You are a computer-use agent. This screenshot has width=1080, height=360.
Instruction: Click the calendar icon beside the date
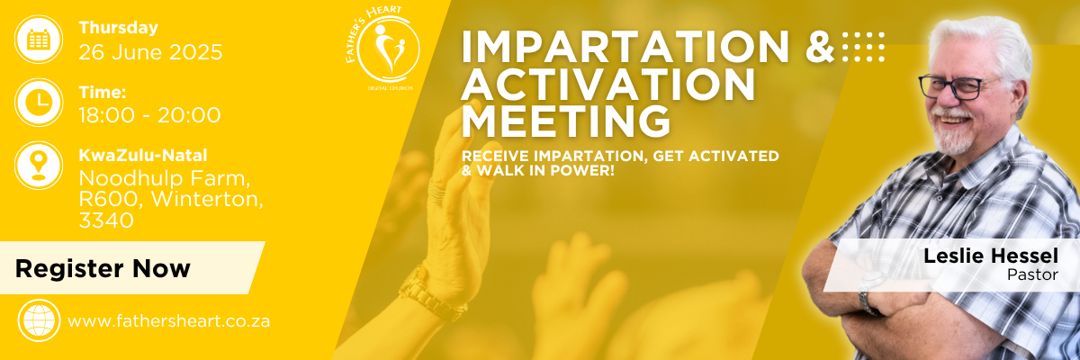(x=39, y=39)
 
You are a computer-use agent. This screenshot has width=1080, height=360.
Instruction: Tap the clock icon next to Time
(x=39, y=103)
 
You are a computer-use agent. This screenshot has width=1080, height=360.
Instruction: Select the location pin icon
(x=39, y=166)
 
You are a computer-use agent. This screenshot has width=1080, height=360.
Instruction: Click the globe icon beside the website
(x=39, y=320)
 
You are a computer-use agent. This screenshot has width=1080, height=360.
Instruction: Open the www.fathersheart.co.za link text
(x=169, y=321)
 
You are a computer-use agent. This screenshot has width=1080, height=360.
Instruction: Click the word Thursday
(x=119, y=28)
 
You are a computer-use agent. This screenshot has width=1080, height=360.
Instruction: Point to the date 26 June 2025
(x=150, y=52)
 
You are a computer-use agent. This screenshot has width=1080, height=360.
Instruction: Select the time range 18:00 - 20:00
(x=150, y=115)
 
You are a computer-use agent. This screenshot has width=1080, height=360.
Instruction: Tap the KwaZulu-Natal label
(x=143, y=155)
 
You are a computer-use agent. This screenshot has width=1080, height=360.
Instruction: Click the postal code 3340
(x=106, y=220)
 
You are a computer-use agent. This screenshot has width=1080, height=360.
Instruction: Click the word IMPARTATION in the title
(x=625, y=47)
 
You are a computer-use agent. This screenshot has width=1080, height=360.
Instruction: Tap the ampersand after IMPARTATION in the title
(x=821, y=47)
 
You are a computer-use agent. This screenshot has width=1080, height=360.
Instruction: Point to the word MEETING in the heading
(x=566, y=121)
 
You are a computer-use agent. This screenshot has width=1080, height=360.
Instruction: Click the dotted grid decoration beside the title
(x=863, y=47)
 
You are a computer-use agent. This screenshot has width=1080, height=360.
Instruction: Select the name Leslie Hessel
(x=991, y=256)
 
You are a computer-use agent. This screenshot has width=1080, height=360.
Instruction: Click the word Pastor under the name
(x=1032, y=274)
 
